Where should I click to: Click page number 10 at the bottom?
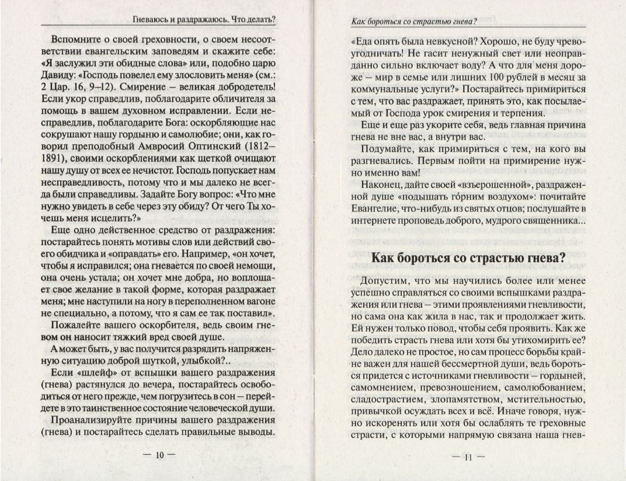158,456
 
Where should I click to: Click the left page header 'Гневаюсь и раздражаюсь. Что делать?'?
204,19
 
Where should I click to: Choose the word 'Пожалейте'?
76,325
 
